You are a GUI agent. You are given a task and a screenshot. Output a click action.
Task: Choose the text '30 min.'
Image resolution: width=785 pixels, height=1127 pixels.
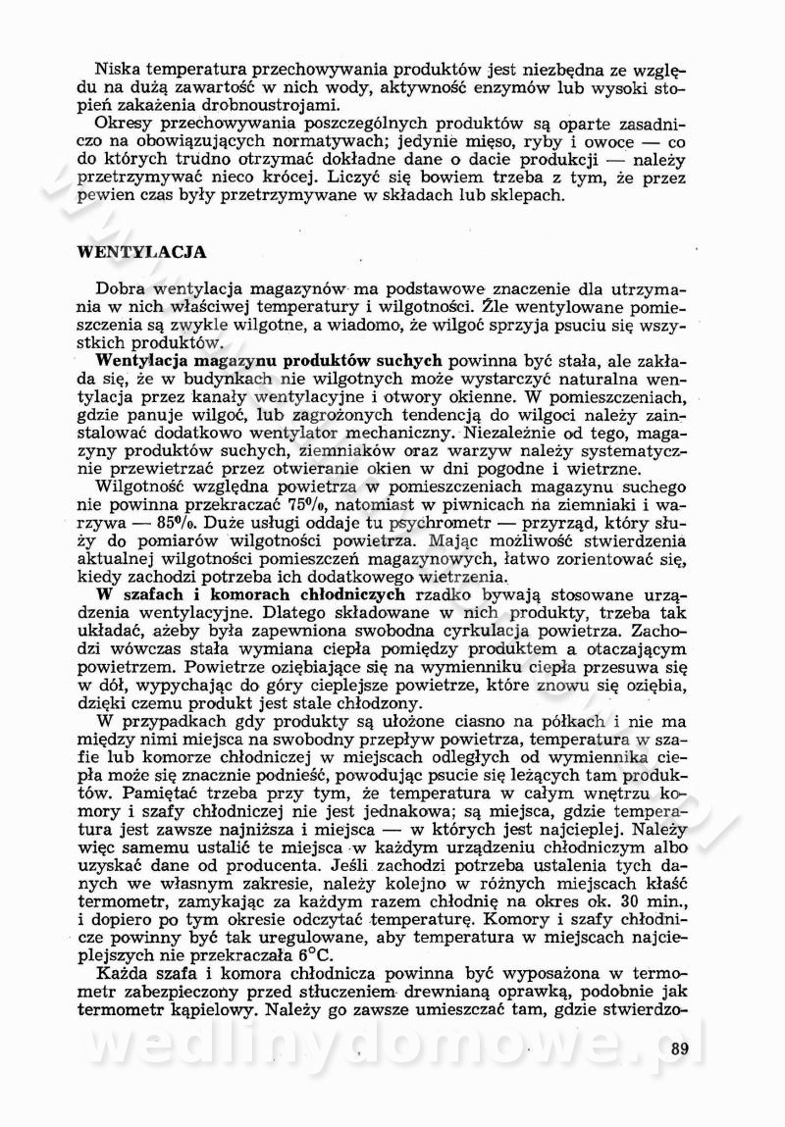pos(664,900)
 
